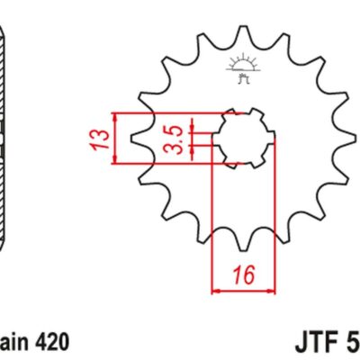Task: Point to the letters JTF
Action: tap(317, 343)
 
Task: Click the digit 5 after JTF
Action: tap(352, 343)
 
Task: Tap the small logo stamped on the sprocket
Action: tap(239, 67)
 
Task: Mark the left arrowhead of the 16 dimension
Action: tap(216, 290)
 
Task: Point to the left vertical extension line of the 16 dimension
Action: tap(211, 216)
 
